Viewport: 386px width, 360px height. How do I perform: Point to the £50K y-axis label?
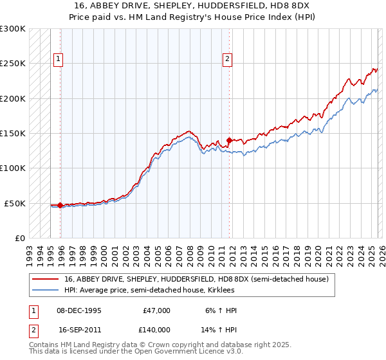pyautogui.click(x=14, y=203)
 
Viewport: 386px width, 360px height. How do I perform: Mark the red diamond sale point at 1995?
pyautogui.click(x=60, y=205)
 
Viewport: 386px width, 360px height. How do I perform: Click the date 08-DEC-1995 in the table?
pyautogui.click(x=80, y=310)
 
